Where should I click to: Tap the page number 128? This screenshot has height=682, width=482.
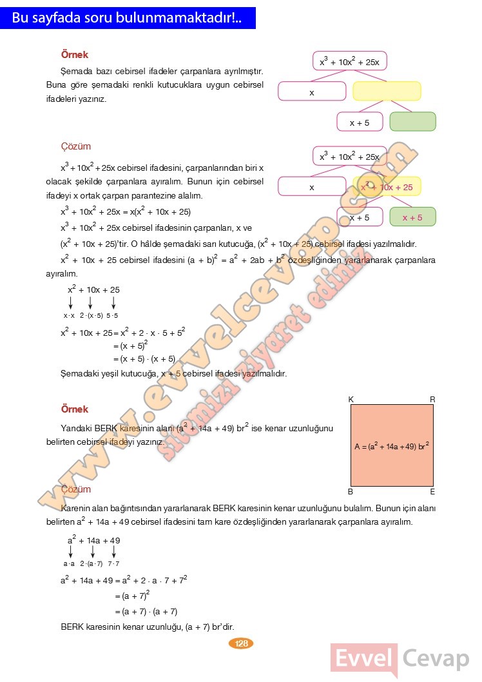pyautogui.click(x=242, y=643)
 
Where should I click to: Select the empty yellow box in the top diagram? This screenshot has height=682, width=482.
pyautogui.click(x=387, y=91)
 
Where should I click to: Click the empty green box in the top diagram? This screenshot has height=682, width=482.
pyautogui.click(x=412, y=122)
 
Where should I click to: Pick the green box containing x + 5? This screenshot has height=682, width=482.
pyautogui.click(x=412, y=217)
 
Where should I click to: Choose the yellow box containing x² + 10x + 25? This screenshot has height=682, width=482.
pyautogui.click(x=387, y=187)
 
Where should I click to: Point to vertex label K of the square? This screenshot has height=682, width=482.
pyautogui.click(x=351, y=400)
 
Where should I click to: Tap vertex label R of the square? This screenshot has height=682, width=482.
pyautogui.click(x=432, y=400)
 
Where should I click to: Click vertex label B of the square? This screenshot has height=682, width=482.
pyautogui.click(x=351, y=492)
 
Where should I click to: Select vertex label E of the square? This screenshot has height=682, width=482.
pyautogui.click(x=432, y=492)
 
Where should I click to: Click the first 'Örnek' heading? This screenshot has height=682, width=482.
pyautogui.click(x=74, y=55)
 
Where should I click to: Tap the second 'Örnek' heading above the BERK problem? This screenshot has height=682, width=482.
pyautogui.click(x=74, y=409)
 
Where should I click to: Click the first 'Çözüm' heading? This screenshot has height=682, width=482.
pyautogui.click(x=76, y=147)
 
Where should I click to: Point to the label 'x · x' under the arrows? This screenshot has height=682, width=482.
pyautogui.click(x=69, y=316)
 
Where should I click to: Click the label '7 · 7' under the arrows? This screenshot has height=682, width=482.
pyautogui.click(x=113, y=563)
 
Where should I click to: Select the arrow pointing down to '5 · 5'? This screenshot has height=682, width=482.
pyautogui.click(x=113, y=302)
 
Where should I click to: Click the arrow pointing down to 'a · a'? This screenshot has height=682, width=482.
pyautogui.click(x=70, y=551)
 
